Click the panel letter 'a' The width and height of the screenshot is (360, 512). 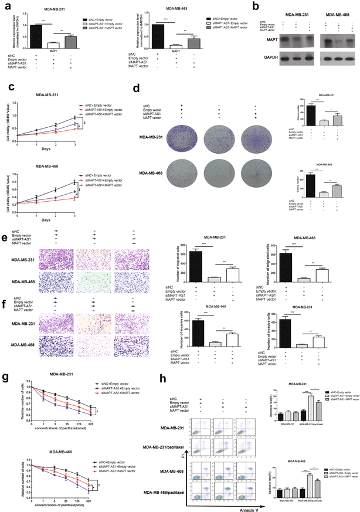[x=7, y=6]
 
